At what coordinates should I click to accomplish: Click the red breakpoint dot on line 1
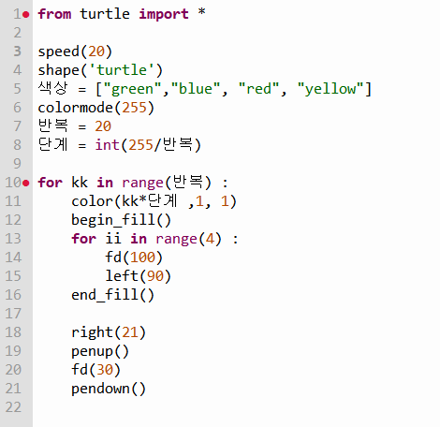tap(26, 14)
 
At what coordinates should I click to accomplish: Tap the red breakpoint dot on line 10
tap(26, 183)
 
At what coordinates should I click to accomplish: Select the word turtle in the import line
tap(105, 14)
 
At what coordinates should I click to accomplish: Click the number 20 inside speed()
tap(96, 52)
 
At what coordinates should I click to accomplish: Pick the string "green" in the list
tap(132, 89)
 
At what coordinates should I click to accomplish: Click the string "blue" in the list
tap(196, 89)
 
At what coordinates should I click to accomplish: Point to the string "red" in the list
tap(258, 89)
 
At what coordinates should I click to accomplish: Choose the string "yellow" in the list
tap(330, 89)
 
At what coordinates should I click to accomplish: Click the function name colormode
tap(75, 108)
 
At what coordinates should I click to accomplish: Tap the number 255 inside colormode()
tap(134, 108)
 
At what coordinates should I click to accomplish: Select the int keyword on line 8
tap(107, 145)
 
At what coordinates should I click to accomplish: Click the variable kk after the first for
tap(80, 183)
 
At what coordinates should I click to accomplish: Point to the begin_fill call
tap(121, 220)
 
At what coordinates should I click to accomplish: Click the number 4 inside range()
tap(210, 239)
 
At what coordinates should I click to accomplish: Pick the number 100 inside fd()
tap(142, 258)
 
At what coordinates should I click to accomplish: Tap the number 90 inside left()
tap(154, 276)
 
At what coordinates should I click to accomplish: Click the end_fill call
tap(112, 295)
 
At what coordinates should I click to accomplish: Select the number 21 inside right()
tap(130, 332)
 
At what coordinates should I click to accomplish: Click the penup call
tap(100, 351)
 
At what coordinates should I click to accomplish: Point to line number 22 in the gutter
tap(13, 407)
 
